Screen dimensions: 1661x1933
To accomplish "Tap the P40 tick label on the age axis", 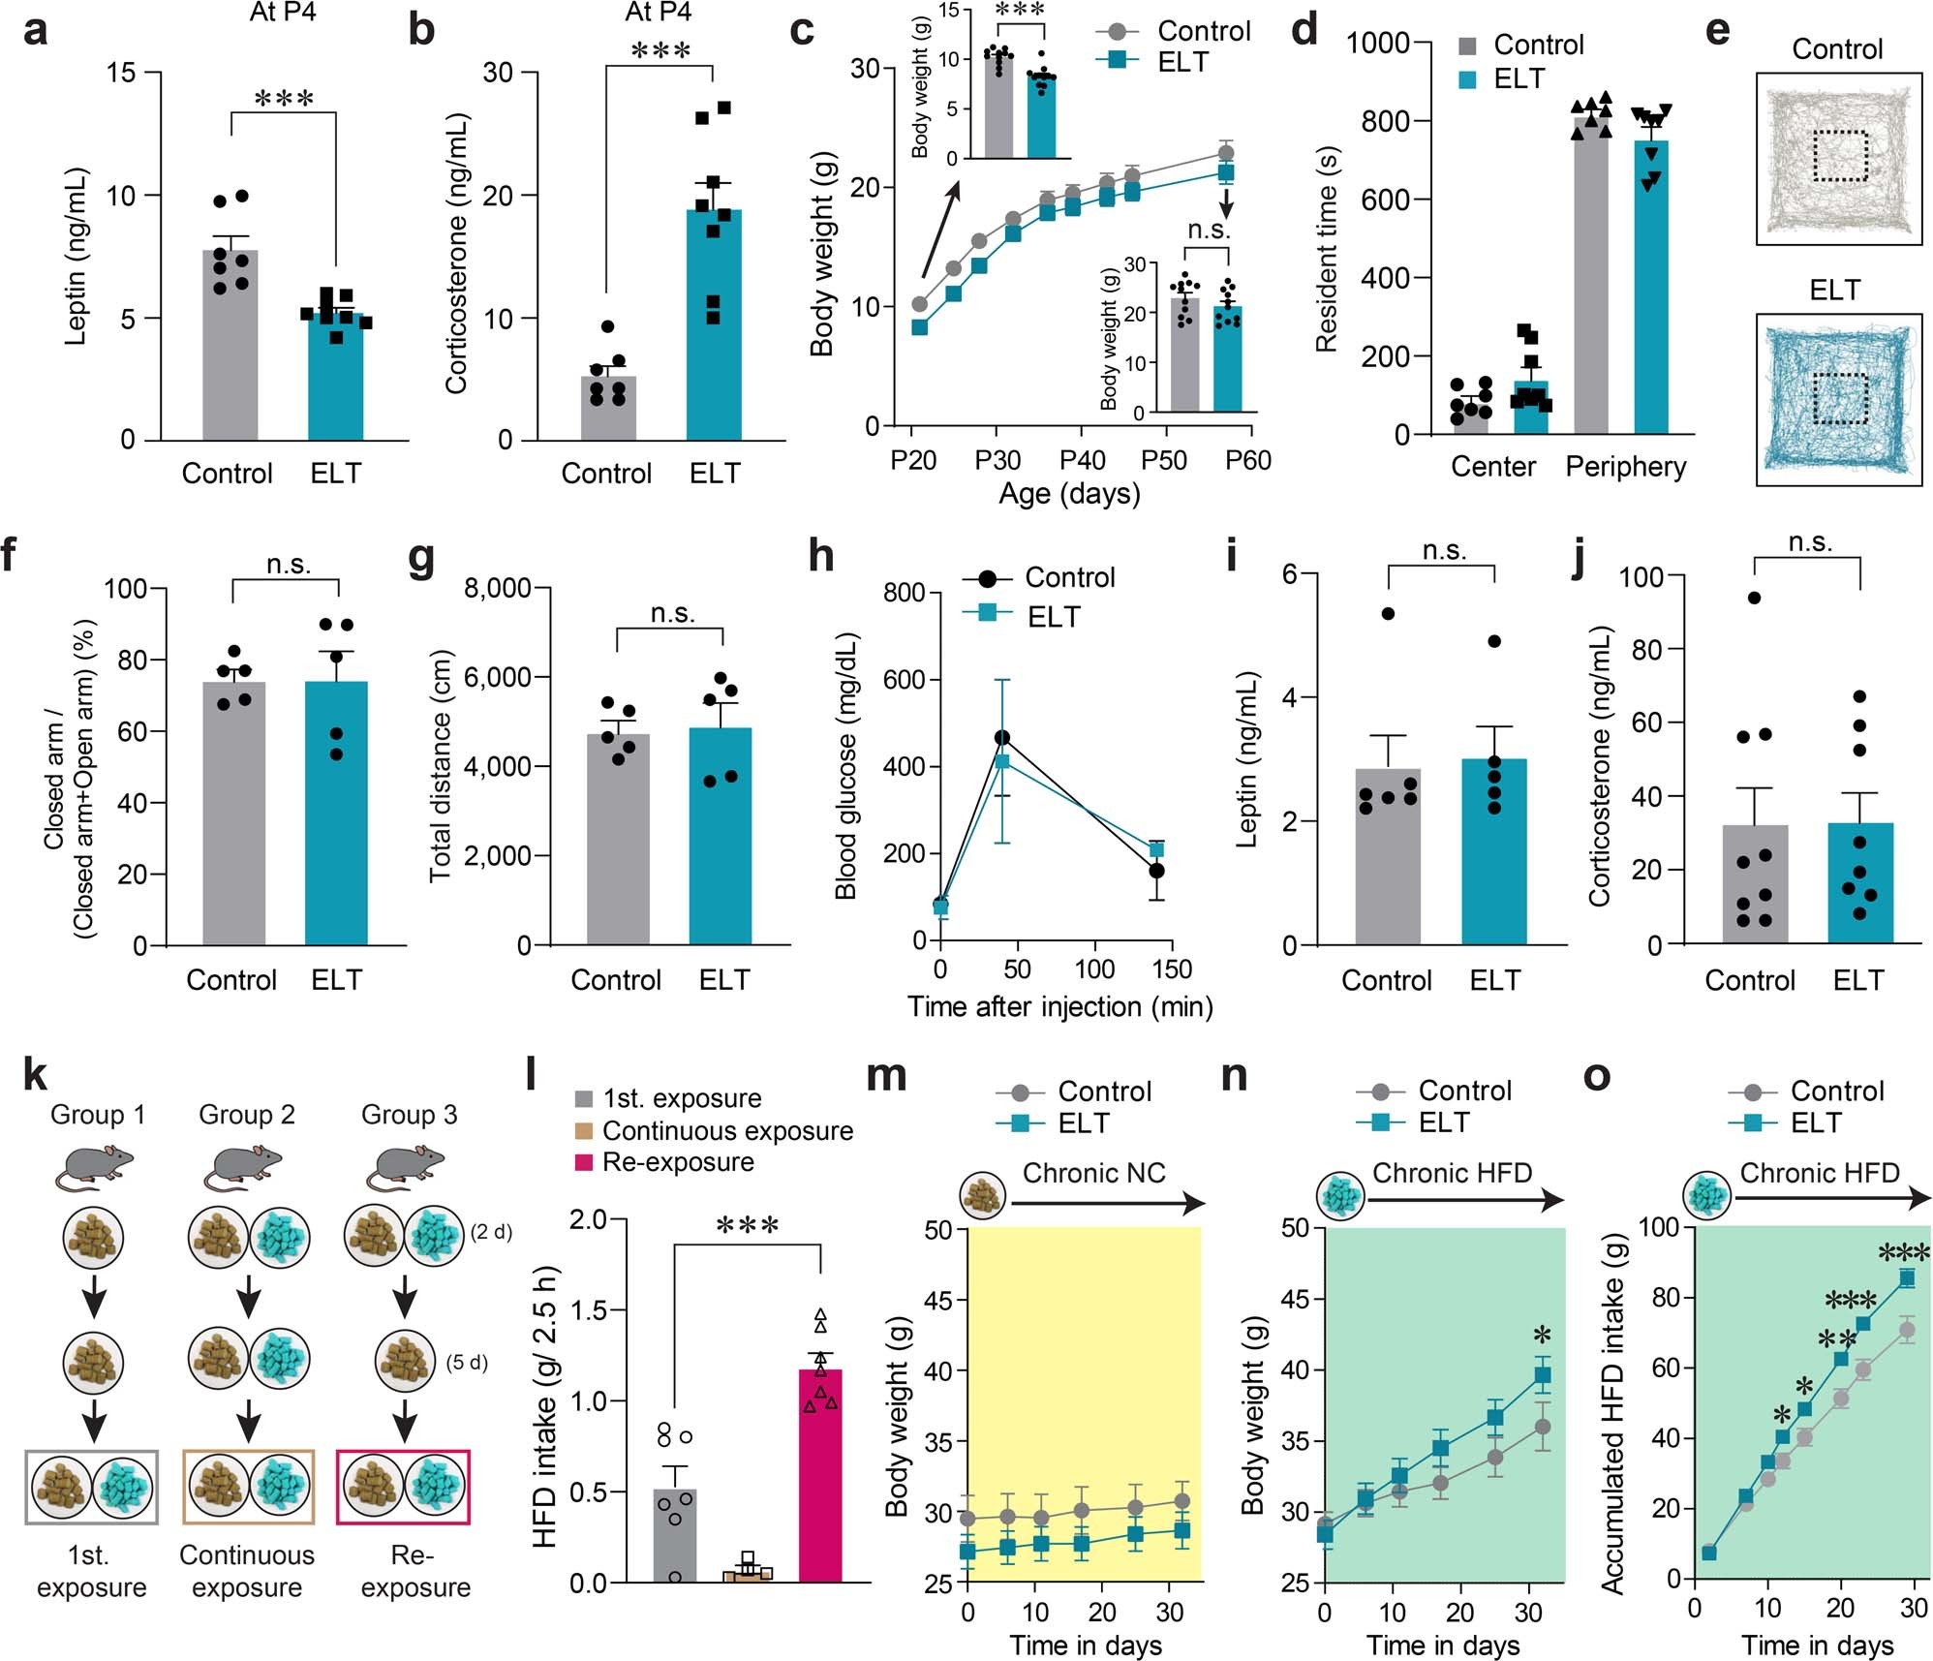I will point(1082,460).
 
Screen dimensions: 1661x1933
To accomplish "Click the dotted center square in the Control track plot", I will point(1838,155).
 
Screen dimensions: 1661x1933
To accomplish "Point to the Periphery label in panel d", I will point(1625,467).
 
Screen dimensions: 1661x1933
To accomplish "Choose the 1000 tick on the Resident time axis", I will point(1377,43).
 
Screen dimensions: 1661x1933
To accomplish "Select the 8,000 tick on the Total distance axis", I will point(497,589).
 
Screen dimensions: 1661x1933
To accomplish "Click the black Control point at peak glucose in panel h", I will point(1002,738).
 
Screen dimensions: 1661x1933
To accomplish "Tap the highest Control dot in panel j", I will point(1753,598).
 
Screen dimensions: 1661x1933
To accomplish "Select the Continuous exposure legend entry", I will point(726,1130).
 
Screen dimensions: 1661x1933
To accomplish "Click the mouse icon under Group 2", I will point(244,1167).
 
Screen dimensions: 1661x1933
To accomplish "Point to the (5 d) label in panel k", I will point(466,1362).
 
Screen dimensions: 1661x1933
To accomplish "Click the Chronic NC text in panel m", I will point(1093,1173).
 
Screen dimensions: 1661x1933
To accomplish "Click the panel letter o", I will point(1596,1077).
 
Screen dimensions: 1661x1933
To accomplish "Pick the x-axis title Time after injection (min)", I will point(1059,1006).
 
